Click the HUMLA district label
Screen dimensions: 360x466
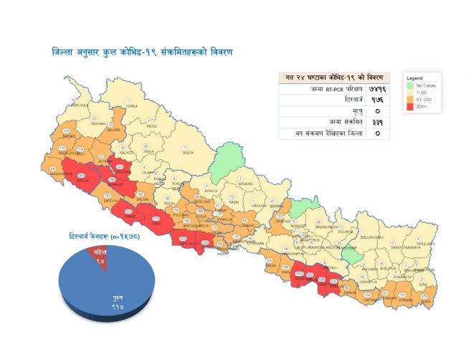(x=130, y=105)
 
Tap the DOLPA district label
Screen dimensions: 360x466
(x=189, y=152)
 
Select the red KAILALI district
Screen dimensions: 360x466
(x=81, y=176)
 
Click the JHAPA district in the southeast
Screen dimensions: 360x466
(x=427, y=295)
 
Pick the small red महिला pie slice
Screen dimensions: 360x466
(x=100, y=252)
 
